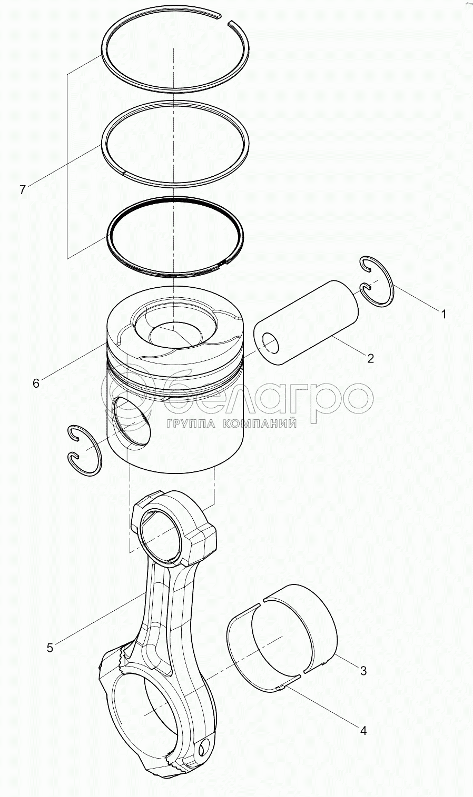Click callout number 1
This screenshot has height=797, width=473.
click(x=444, y=314)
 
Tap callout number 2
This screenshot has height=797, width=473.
click(x=370, y=358)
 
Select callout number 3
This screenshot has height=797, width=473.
click(x=363, y=671)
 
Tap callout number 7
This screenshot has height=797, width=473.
click(x=23, y=190)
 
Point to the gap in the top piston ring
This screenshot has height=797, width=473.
click(x=225, y=19)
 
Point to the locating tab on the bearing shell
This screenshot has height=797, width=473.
click(x=281, y=687)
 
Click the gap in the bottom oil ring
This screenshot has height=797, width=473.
click(x=223, y=264)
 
